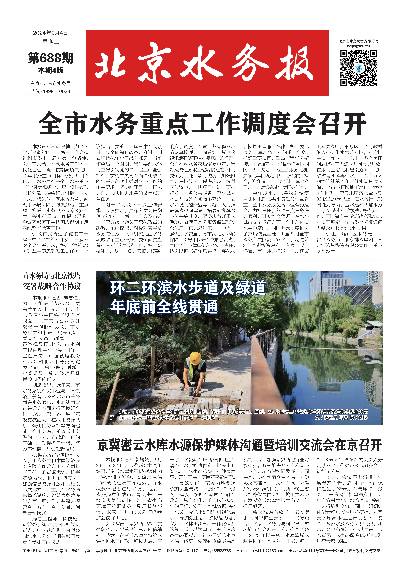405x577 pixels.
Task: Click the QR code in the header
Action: [x=358, y=68]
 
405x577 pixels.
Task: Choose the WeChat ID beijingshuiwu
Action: [x=358, y=46]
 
